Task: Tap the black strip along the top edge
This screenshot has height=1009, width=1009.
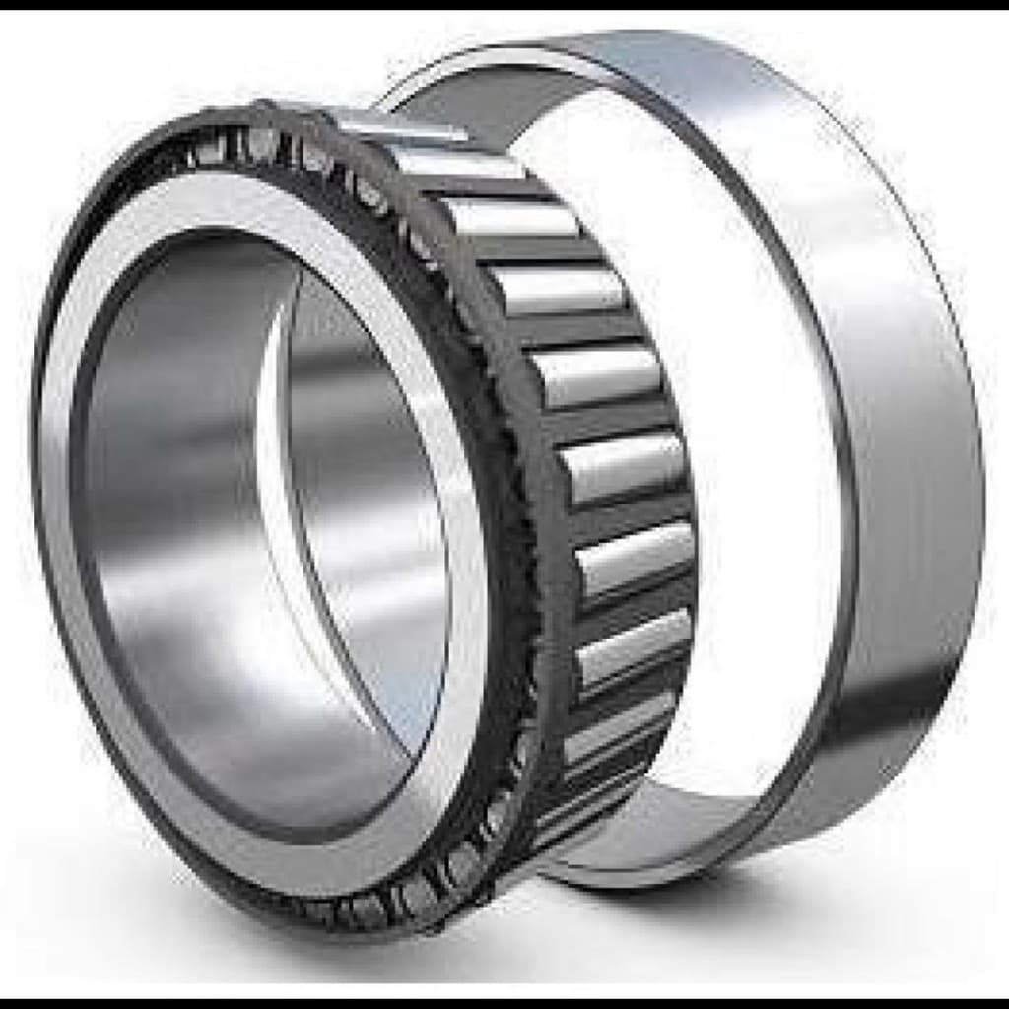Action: (x=504, y=4)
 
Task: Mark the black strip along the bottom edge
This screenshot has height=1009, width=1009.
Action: (x=504, y=1003)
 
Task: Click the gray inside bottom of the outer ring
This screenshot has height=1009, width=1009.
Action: (x=640, y=847)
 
